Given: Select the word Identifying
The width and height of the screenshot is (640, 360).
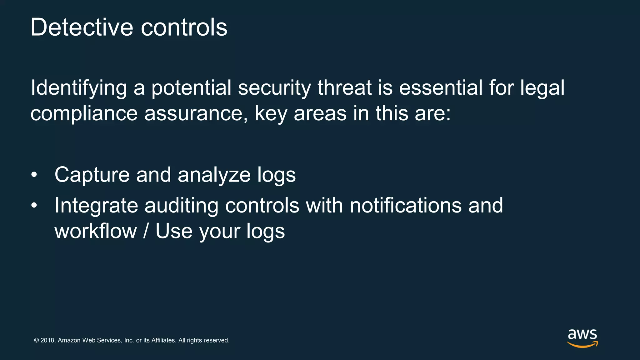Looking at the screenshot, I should coord(78,88).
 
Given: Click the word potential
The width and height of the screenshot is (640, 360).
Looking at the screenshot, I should coord(191,88).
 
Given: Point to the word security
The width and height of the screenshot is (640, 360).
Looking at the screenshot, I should coord(274,88).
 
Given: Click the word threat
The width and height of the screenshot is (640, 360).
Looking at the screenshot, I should coord(344,88).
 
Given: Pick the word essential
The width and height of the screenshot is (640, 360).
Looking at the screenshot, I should coord(441,88).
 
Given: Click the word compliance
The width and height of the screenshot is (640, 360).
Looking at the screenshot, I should coord(84,113).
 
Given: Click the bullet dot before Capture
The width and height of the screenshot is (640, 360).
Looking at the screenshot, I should coord(34,175).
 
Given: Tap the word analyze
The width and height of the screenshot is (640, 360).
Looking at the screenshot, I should coord(214,175).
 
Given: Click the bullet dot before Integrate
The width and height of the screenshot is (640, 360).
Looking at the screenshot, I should coord(34,206).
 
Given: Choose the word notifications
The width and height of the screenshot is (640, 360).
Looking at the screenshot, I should coord(405,206).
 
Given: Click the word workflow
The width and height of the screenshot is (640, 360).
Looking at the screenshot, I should coord(96,231).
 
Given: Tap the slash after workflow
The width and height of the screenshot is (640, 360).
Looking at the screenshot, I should coord(146,231).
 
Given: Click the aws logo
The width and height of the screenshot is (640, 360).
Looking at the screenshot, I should coord(582,338).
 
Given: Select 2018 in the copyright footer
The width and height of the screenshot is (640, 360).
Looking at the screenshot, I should coord(47,340).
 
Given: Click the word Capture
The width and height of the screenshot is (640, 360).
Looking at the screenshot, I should coord(92,175).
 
